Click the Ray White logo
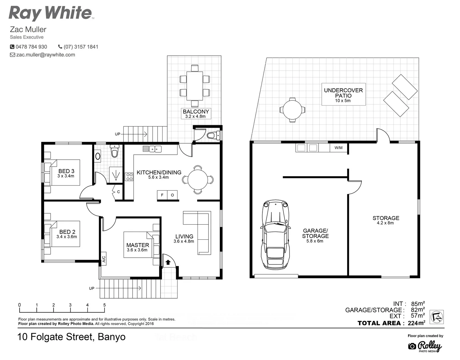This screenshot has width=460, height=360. [x=51, y=13]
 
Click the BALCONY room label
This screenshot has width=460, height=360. [x=196, y=112]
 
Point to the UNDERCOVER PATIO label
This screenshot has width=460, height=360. [x=343, y=93]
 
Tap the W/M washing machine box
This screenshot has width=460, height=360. [x=338, y=148]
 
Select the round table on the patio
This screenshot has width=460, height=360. [x=292, y=110]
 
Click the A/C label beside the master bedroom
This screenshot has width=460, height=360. [x=104, y=259]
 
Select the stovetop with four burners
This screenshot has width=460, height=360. [x=129, y=177]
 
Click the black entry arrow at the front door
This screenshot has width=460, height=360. [x=168, y=262]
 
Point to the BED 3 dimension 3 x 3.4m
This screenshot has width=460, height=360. [x=66, y=176]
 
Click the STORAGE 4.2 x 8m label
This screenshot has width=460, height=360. [x=385, y=220]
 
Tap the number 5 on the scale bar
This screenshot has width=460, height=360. [x=105, y=305]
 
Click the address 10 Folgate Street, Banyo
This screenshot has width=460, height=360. [x=71, y=337]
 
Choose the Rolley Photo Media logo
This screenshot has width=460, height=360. [x=425, y=346]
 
